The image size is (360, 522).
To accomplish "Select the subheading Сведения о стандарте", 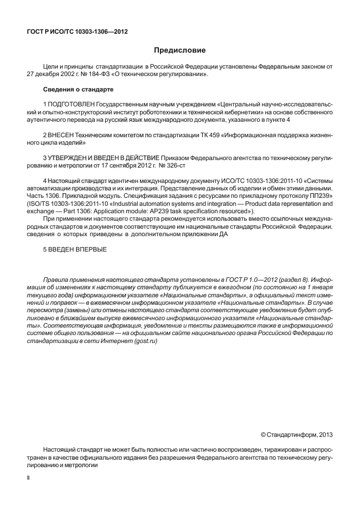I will click(x=78, y=90).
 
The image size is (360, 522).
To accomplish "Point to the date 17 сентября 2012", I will click(x=126, y=165).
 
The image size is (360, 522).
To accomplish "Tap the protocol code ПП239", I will click(x=323, y=195).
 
